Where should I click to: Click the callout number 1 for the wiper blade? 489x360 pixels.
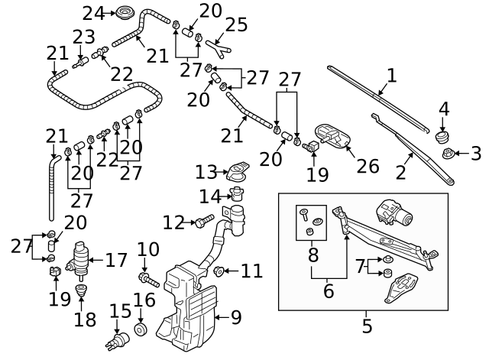(x=392, y=76)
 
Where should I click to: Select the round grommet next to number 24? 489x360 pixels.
(x=123, y=12)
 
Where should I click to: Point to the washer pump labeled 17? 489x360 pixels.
(x=80, y=259)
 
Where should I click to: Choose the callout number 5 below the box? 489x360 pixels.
(x=367, y=326)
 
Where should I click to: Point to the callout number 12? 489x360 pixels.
(x=174, y=222)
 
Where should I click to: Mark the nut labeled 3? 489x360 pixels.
(x=449, y=154)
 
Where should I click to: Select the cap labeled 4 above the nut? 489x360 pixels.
(x=441, y=138)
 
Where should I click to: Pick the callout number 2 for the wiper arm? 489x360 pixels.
(x=400, y=172)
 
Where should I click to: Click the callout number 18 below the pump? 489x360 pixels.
(x=85, y=318)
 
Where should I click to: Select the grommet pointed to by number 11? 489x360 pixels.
(x=219, y=271)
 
